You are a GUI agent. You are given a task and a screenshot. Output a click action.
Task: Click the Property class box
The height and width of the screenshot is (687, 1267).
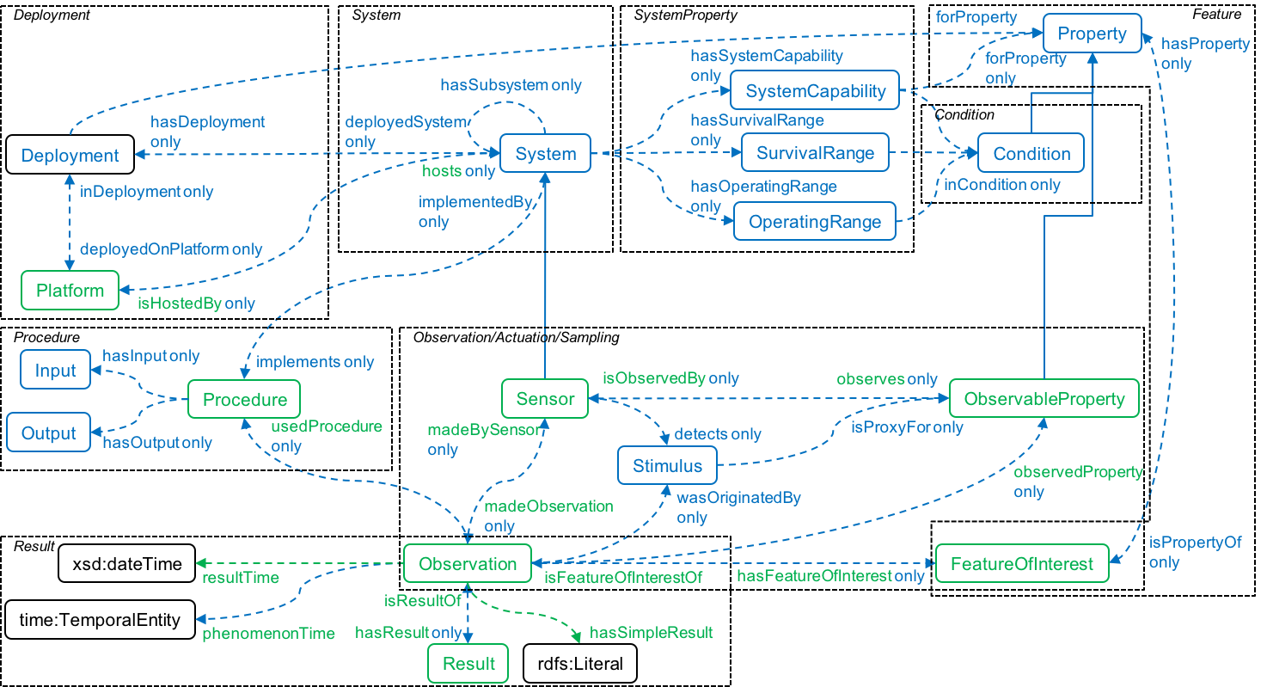coord(1092,34)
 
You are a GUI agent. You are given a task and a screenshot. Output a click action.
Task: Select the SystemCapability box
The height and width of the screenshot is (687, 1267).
coord(815,90)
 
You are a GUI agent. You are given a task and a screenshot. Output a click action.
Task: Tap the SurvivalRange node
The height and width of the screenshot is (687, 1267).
coord(815,154)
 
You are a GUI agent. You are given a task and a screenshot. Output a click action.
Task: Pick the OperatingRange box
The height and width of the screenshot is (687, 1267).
coord(815,222)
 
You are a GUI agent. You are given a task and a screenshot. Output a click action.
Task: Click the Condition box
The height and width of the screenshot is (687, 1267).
coord(1031,154)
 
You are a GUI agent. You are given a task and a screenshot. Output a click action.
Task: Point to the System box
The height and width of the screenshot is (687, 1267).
coord(545,154)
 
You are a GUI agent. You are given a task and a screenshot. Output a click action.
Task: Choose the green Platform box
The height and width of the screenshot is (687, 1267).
coord(70,291)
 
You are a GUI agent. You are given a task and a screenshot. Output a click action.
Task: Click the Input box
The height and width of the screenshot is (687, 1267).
coord(55,371)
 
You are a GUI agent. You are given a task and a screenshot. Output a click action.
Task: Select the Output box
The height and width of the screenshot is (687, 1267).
coord(49,432)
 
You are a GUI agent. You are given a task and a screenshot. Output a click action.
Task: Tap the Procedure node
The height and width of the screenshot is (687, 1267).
coord(244,400)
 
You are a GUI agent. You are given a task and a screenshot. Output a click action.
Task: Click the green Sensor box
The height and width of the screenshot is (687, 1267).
coord(545,400)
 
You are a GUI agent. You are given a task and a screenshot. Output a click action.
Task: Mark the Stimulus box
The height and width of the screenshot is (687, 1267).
coord(667,466)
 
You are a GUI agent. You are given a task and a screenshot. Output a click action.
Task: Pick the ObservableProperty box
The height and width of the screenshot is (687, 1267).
coord(1044,399)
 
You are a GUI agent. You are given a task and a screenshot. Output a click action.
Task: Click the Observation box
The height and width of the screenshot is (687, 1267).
coord(468,564)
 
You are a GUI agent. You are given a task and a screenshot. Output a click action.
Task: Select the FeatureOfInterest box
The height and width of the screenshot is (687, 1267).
coord(1021,564)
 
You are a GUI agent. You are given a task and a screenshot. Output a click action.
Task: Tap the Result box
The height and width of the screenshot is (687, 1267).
coord(468,664)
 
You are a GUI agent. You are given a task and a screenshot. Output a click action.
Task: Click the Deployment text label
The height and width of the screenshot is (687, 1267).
coord(70,156)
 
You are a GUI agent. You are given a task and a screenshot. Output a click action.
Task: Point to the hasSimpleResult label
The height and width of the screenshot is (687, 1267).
coord(651,633)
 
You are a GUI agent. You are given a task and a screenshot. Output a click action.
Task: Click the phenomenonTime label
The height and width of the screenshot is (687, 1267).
coord(268,634)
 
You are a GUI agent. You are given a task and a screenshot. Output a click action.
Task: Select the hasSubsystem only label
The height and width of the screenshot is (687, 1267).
coord(511,85)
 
